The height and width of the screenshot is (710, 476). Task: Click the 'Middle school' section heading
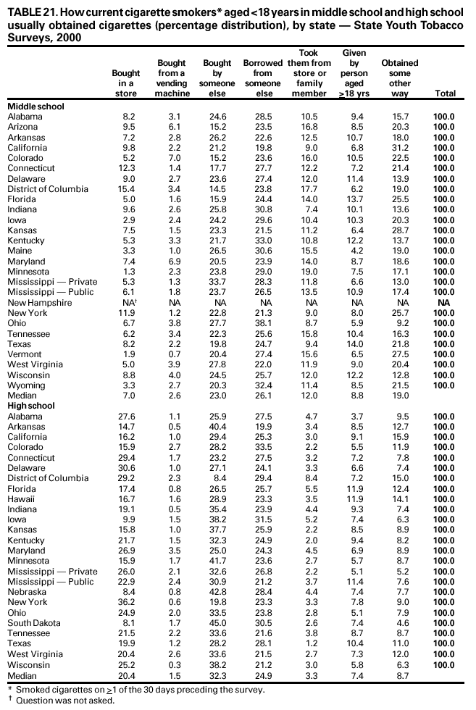pyautogui.click(x=36, y=106)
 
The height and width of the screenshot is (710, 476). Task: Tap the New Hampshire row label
pyautogui.click(x=39, y=303)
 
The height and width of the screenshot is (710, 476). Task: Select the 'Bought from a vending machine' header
pyautogui.click(x=172, y=78)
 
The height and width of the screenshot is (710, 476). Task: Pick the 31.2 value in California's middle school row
pyautogui.click(x=399, y=148)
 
